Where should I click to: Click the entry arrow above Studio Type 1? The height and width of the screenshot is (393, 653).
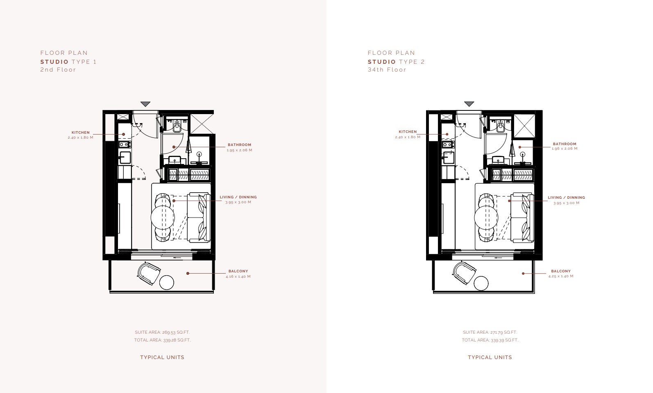click(x=145, y=104)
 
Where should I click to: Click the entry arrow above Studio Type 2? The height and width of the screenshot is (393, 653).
click(x=469, y=104)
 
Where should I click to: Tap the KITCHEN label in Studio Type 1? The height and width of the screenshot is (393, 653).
click(x=81, y=132)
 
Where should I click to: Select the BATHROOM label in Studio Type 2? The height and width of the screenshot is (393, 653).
click(x=565, y=144)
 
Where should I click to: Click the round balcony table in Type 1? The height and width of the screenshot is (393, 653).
click(x=167, y=282)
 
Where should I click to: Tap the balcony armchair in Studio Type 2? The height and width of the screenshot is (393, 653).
click(x=465, y=273)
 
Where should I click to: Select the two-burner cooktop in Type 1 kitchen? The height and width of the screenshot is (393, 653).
click(x=125, y=144)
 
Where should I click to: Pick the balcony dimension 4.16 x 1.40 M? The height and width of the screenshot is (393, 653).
click(x=238, y=276)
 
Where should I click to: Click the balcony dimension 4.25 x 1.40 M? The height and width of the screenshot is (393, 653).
click(x=561, y=276)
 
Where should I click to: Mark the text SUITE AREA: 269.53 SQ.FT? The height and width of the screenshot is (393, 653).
click(x=162, y=332)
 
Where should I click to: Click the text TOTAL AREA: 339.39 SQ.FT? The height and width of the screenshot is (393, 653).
click(x=490, y=340)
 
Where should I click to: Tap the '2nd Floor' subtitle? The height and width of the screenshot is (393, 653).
click(x=58, y=70)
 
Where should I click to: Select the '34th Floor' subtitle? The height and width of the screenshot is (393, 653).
click(x=387, y=70)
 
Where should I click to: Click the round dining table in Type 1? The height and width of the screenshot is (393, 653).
click(x=163, y=218)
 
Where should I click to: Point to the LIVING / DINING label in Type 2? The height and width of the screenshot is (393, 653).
click(x=567, y=198)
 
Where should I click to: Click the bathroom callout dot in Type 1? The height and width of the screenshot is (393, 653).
click(x=174, y=147)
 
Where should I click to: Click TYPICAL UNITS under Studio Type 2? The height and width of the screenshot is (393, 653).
click(x=490, y=357)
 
